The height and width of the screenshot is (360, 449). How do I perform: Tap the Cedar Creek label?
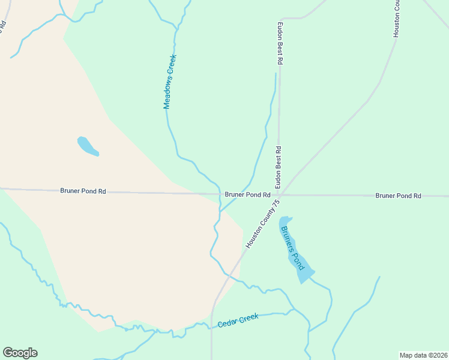coord(238,321)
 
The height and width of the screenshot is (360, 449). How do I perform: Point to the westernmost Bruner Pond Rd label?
coord(83,191)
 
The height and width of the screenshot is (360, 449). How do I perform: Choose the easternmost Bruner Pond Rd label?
coord(399,196)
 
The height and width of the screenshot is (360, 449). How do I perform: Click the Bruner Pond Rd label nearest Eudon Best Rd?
coord(247,195)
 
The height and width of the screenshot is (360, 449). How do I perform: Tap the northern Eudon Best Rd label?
coord(279,44)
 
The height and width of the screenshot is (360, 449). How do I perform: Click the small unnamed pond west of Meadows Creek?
coord(88,146)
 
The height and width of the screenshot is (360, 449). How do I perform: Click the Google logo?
coord(20,353)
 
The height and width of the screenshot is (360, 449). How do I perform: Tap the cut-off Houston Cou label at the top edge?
coord(396,19)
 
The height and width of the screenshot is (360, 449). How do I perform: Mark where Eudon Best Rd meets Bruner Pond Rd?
coord(279,194)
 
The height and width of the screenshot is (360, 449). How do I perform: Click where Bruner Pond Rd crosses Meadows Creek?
coord(220,194)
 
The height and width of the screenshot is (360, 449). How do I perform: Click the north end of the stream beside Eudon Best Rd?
coord(276,74)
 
